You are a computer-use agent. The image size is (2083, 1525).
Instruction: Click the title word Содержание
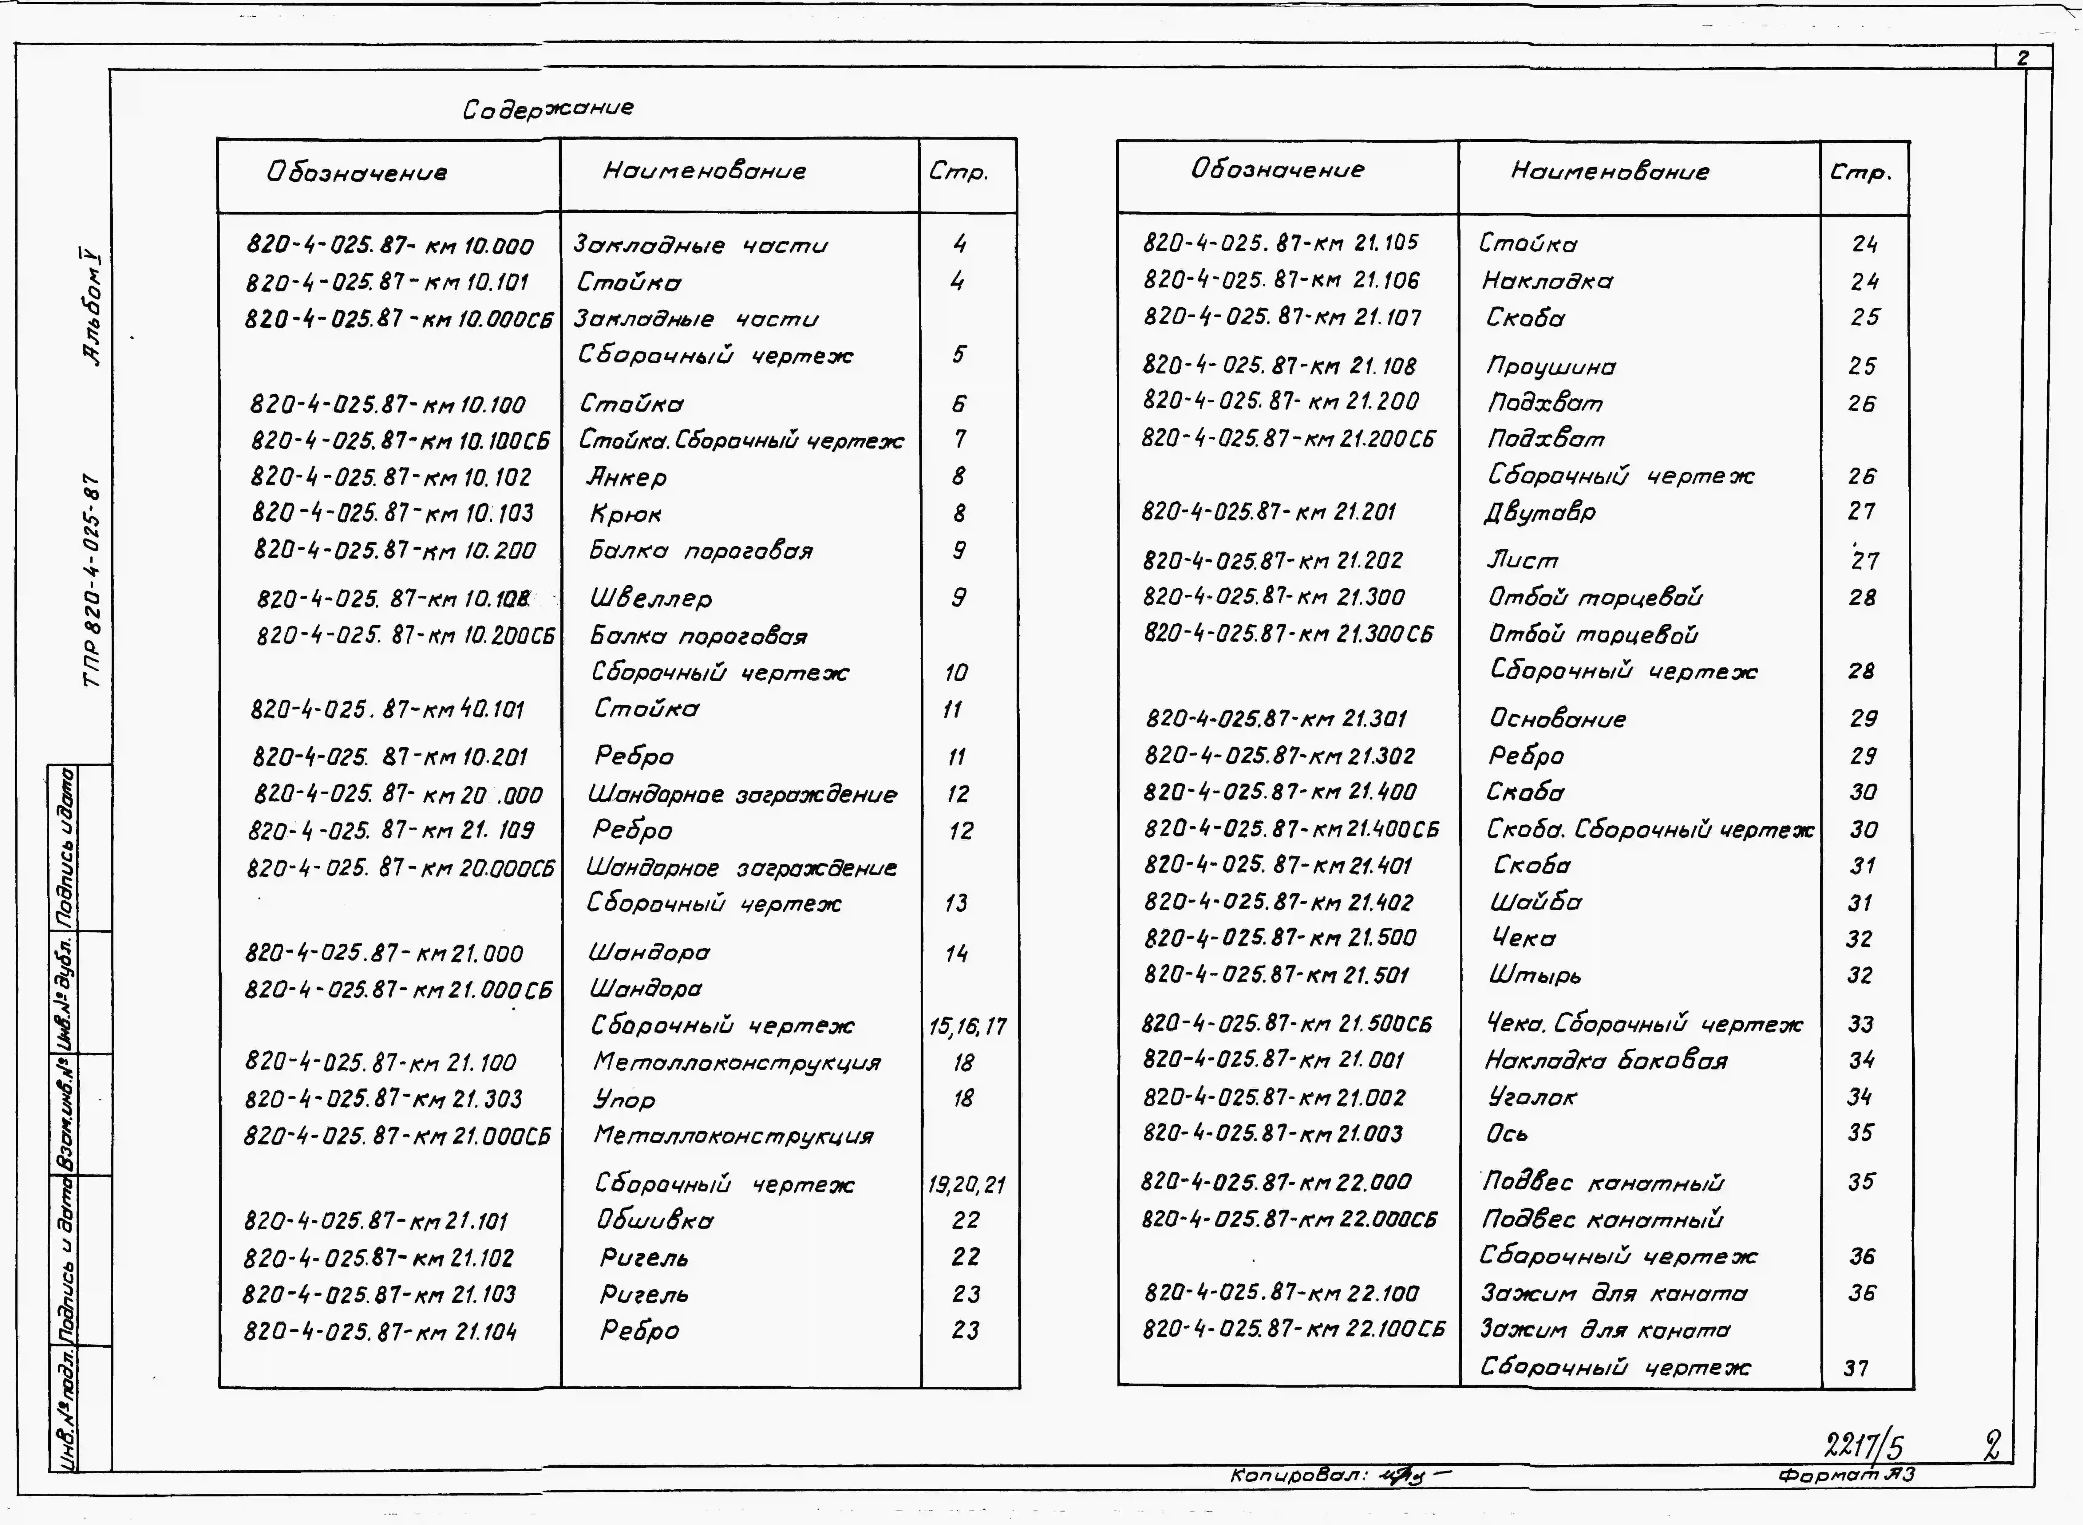[x=548, y=109]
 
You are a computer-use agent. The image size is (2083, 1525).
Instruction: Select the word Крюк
[x=626, y=514]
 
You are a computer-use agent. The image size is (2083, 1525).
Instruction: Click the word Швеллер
[x=651, y=598]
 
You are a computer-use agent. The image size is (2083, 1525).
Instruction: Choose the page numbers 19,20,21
[x=966, y=1184]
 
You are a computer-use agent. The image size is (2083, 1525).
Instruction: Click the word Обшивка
[x=654, y=1220]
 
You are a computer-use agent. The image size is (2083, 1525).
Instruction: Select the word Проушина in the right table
[x=1551, y=366]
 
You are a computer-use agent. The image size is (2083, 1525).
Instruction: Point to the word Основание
[x=1557, y=718]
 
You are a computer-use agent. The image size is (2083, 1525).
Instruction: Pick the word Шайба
[x=1535, y=902]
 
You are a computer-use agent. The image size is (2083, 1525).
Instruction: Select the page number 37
[x=1856, y=1368]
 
